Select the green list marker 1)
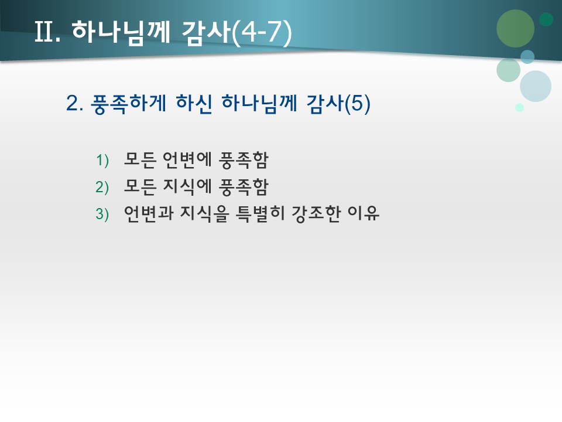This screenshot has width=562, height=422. coord(102,160)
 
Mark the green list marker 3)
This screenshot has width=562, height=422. coord(102,214)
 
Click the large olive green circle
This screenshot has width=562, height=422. coord(515,28)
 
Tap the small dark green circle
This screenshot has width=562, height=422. coord(546,19)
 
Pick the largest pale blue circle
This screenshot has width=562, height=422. coord(536,86)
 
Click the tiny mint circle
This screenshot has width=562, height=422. coord(519,107)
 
